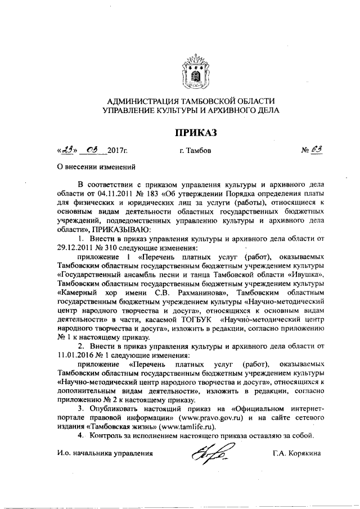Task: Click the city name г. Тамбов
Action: (x=195, y=151)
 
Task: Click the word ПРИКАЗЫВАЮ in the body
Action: (x=125, y=229)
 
